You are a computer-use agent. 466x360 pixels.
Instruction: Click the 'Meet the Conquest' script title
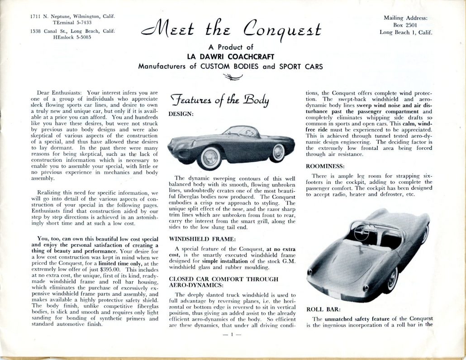(x=232, y=30)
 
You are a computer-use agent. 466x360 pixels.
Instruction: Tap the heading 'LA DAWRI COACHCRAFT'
(x=231, y=57)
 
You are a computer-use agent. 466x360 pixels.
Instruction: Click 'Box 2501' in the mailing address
(x=406, y=25)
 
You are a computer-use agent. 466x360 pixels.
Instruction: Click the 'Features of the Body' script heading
(x=219, y=100)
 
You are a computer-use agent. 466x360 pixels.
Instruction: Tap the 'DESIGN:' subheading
(x=181, y=115)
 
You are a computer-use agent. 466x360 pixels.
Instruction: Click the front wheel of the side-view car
(x=209, y=157)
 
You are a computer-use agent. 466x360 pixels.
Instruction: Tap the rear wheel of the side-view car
(x=277, y=152)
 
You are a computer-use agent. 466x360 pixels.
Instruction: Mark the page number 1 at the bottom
(x=231, y=335)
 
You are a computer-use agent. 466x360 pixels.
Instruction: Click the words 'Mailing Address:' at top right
(x=405, y=19)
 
